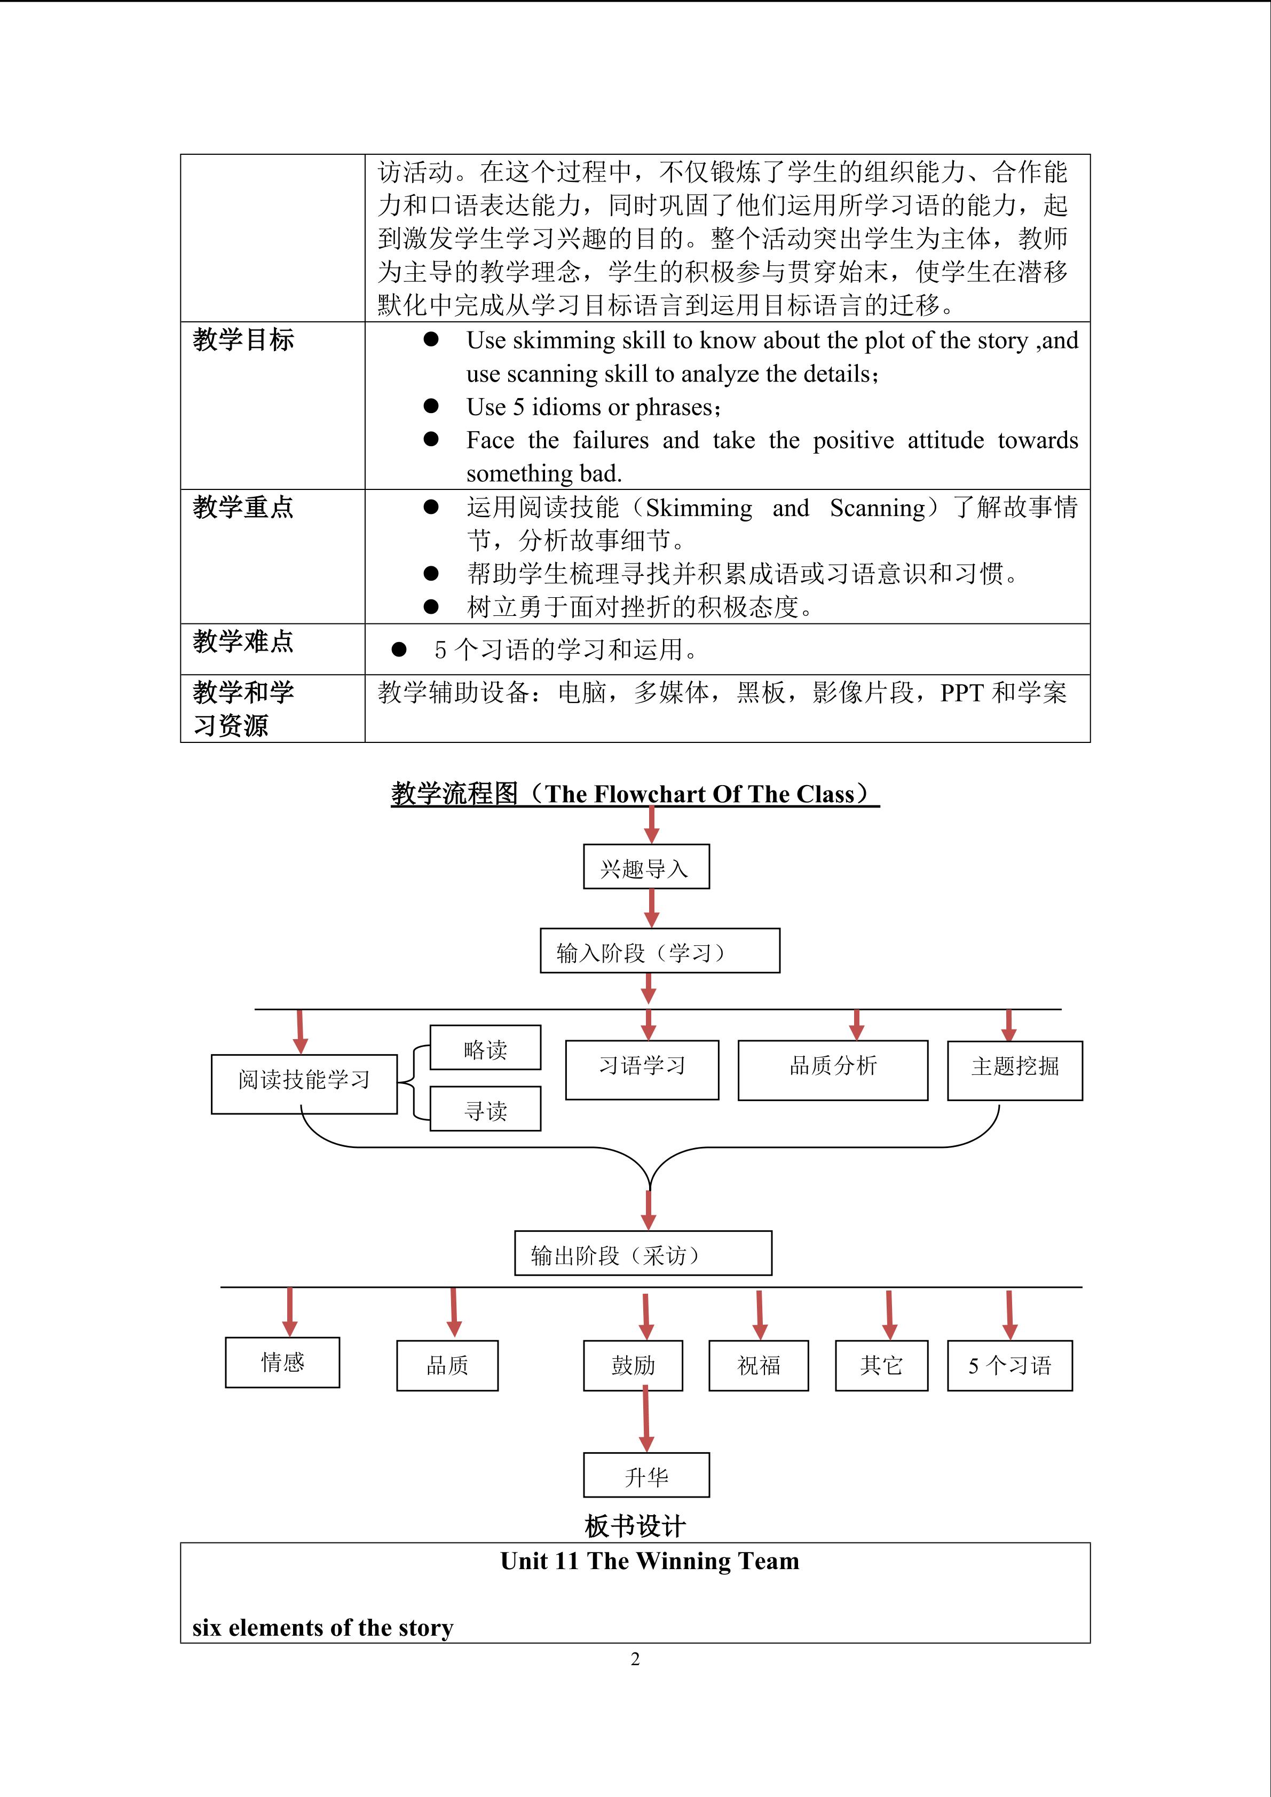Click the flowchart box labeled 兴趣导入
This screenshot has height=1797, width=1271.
tap(646, 866)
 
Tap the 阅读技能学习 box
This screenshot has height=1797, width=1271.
tap(304, 1084)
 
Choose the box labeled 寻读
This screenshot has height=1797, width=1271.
tap(485, 1109)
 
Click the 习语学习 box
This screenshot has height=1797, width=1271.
tap(642, 1070)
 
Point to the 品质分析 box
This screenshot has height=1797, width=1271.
tap(833, 1070)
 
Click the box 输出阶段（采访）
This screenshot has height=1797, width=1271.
tap(643, 1254)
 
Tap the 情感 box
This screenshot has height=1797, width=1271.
tap(282, 1363)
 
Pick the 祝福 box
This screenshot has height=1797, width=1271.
tap(759, 1366)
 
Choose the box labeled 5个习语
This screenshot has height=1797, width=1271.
tap(1009, 1366)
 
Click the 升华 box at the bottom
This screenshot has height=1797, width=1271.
tap(646, 1475)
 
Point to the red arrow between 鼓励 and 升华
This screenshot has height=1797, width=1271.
tap(646, 1418)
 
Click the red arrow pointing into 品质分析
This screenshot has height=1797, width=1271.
tap(856, 1025)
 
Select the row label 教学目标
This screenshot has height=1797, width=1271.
tap(243, 339)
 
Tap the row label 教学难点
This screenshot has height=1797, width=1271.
tap(243, 642)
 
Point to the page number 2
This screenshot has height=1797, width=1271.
tap(635, 1659)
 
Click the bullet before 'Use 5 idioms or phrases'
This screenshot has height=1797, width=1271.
tap(430, 406)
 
